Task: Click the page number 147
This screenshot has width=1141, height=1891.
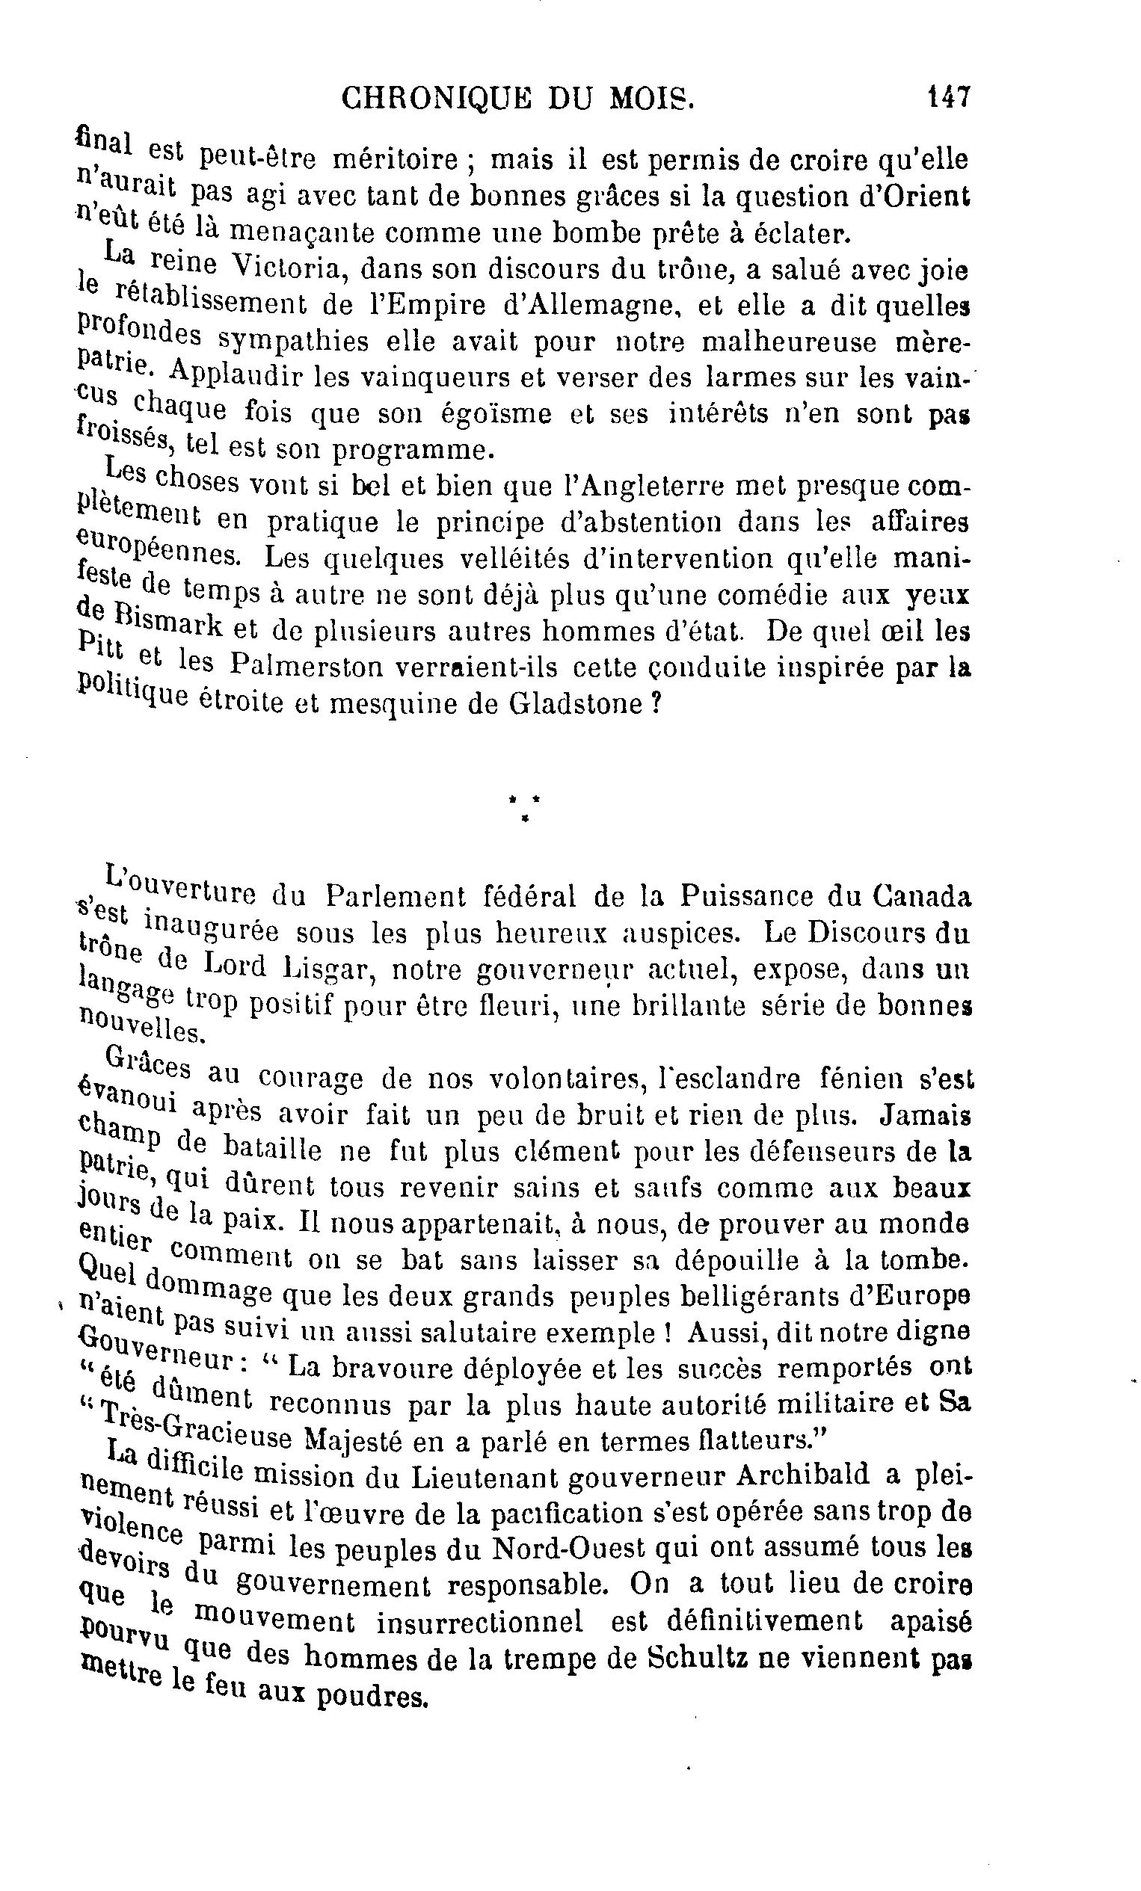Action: click(949, 98)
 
